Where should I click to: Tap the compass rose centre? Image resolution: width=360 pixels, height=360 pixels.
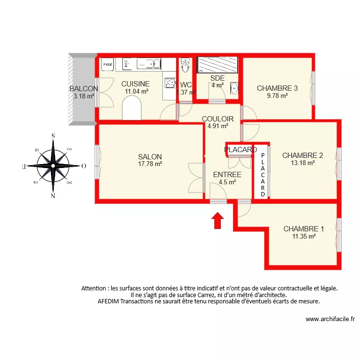53,166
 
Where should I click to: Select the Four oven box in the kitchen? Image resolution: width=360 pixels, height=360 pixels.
108,64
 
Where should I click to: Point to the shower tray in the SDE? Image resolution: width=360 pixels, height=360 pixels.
217,64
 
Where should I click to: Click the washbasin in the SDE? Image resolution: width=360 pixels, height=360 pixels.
234,88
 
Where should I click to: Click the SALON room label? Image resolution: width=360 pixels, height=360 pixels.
150,156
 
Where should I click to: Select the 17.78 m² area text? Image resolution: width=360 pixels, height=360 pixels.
150,164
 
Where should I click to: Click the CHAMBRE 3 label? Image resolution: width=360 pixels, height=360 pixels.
277,88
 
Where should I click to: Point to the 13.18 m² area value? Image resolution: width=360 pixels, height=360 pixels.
302,163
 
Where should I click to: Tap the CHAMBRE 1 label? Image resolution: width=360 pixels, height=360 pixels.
303,229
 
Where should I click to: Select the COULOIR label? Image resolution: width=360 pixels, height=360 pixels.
217,119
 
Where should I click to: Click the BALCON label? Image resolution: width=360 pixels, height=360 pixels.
84,89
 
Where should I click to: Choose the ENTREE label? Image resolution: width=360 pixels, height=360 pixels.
227,175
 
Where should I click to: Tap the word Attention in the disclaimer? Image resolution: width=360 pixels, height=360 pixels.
95,288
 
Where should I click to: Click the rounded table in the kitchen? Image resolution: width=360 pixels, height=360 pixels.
132,108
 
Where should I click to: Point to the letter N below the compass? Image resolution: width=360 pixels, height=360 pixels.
53,195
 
